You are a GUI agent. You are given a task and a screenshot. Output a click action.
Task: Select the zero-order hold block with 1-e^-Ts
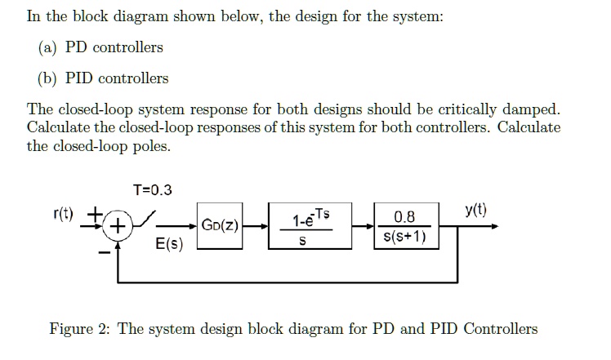coord(305,226)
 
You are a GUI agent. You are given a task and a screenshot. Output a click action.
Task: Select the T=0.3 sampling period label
coord(153,190)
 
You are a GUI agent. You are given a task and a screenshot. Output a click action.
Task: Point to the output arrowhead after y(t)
coord(492,226)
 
